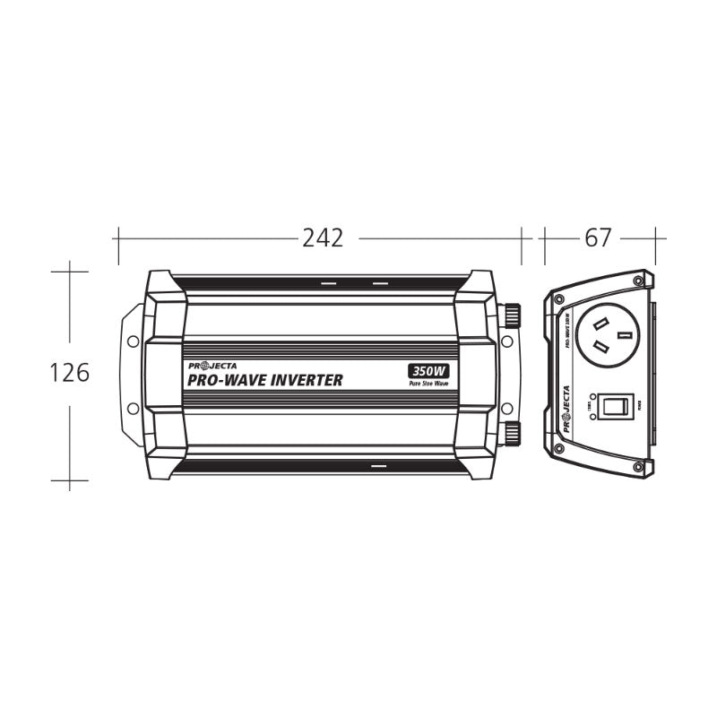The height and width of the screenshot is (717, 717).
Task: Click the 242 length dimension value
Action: (x=323, y=238)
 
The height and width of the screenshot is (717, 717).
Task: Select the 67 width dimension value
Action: (x=598, y=238)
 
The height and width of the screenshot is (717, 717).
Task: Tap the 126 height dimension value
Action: (x=70, y=373)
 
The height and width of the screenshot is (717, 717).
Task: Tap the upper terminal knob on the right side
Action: (x=514, y=315)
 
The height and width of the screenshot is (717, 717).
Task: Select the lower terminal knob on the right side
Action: (x=514, y=434)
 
